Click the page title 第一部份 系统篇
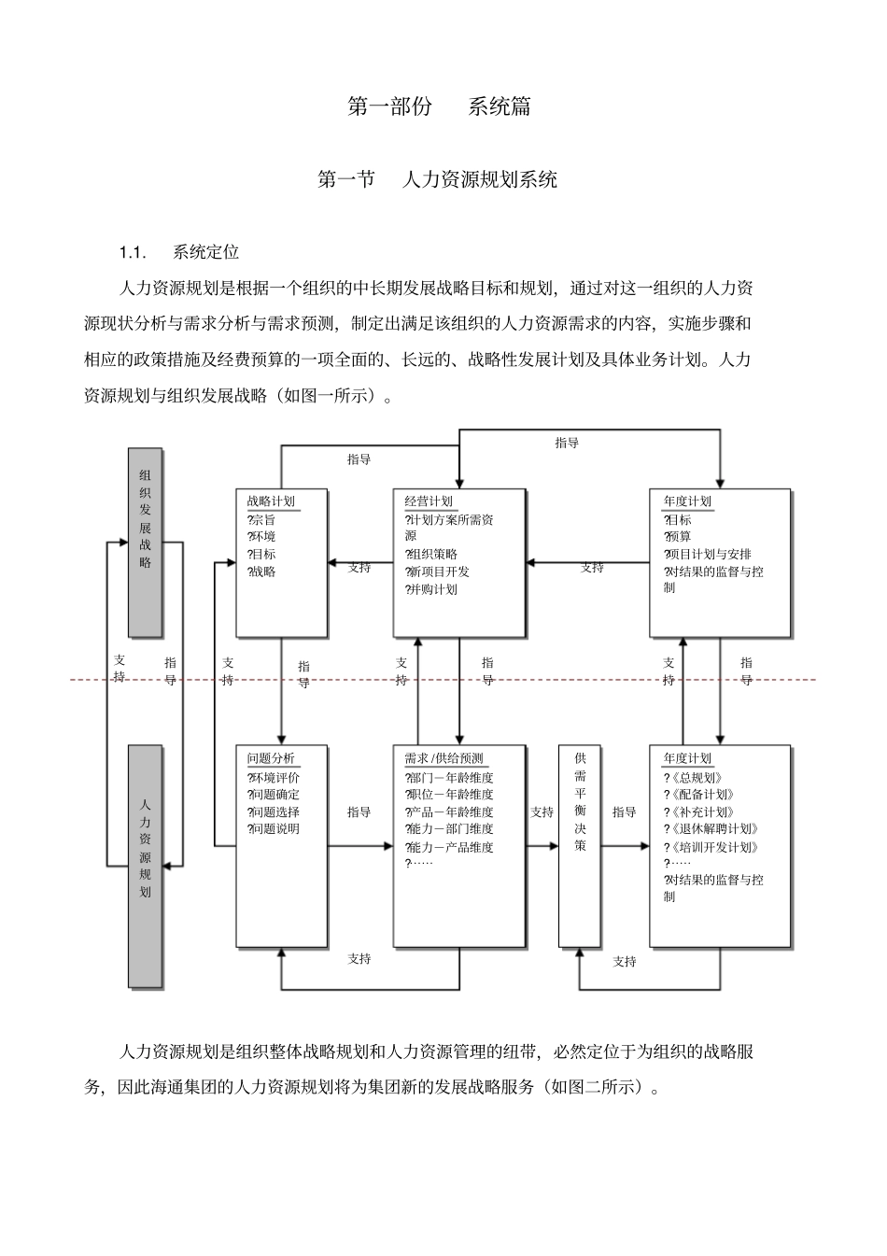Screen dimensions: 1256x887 (x=439, y=106)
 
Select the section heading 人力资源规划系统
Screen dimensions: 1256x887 (x=478, y=179)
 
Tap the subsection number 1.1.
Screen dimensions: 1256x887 (x=132, y=252)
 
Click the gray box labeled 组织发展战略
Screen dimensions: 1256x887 (x=145, y=542)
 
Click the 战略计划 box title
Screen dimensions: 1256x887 (x=271, y=501)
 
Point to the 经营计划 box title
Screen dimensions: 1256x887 (x=429, y=501)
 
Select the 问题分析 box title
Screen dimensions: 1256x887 (x=271, y=758)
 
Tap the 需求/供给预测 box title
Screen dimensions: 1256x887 (x=443, y=758)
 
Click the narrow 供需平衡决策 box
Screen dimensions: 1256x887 (x=580, y=845)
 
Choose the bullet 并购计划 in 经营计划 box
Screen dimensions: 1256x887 (x=433, y=589)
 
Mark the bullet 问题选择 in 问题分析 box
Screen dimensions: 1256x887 (x=275, y=812)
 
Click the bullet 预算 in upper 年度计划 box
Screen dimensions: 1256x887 (x=680, y=537)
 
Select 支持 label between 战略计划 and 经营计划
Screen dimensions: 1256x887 (x=359, y=567)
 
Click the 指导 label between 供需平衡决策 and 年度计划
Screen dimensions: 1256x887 (x=624, y=812)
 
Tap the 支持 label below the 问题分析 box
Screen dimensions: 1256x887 (x=359, y=958)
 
